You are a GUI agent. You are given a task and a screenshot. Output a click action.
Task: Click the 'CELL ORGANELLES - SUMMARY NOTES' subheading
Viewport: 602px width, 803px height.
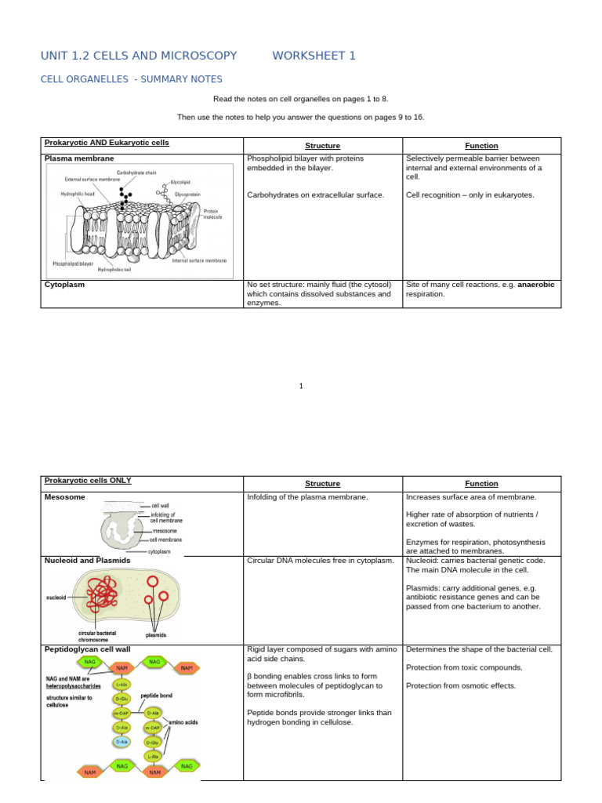131,79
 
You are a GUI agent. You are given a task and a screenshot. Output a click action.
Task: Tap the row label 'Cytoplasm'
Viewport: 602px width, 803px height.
64,285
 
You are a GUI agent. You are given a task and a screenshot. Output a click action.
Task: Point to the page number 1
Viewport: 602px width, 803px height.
301,385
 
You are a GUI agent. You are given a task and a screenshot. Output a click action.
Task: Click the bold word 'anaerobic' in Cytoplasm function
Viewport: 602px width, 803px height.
536,285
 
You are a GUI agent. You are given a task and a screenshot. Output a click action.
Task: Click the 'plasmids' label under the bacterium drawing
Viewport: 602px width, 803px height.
156,634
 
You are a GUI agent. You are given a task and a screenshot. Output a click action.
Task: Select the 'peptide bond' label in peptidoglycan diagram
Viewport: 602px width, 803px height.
157,695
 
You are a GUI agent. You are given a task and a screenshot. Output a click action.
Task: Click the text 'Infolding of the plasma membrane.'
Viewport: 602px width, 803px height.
307,497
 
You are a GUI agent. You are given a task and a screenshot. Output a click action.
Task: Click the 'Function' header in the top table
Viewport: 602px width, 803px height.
481,146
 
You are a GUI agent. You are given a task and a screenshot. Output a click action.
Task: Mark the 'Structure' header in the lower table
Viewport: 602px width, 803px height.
322,484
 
